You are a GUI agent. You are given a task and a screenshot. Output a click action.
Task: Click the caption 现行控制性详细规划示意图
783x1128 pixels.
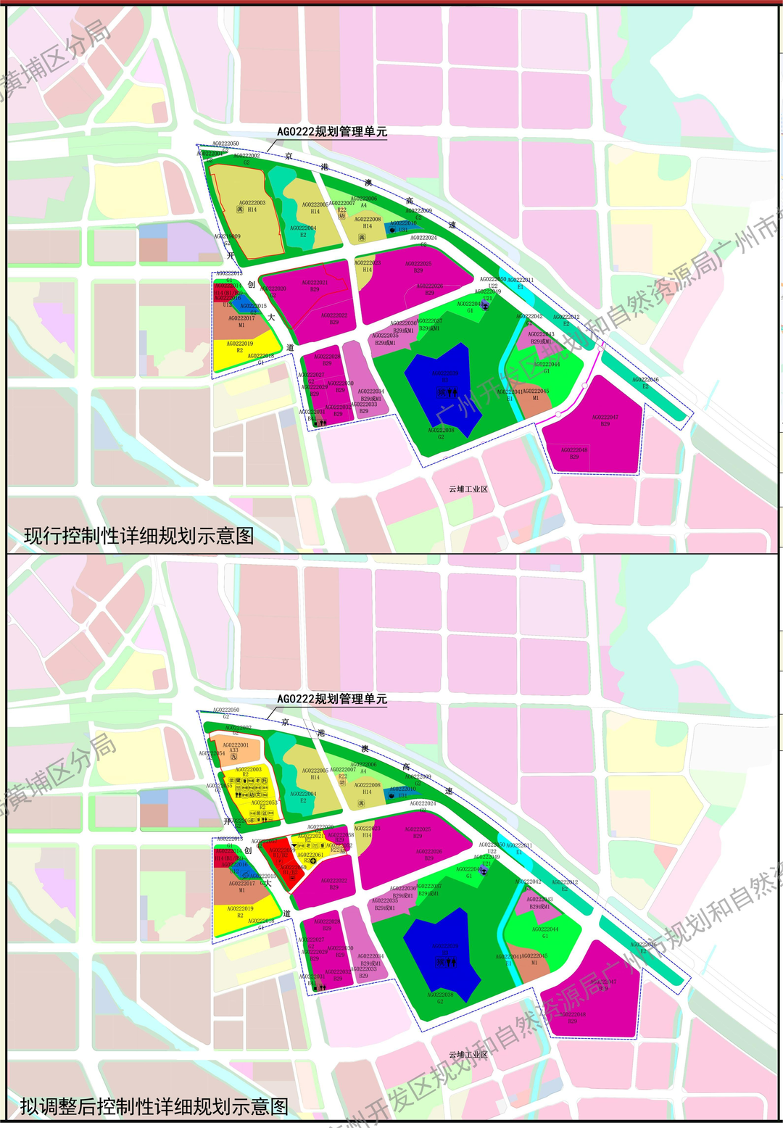click(139, 536)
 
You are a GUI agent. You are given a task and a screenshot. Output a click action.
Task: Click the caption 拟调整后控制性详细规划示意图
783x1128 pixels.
click(154, 1107)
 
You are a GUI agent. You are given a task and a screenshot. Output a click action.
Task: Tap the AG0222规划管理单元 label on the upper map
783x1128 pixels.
click(332, 132)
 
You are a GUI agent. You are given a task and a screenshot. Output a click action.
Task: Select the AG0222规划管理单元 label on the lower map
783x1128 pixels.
click(332, 700)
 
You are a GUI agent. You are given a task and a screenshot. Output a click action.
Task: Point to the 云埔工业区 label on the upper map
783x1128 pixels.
click(468, 489)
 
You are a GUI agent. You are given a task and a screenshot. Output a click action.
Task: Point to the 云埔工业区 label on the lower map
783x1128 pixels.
click(468, 1055)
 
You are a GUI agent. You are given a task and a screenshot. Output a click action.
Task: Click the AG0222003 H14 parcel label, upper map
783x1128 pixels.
click(252, 206)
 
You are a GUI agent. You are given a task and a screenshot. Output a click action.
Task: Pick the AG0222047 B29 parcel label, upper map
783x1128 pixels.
click(605, 420)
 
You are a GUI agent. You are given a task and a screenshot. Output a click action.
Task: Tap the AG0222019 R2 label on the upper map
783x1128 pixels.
click(240, 347)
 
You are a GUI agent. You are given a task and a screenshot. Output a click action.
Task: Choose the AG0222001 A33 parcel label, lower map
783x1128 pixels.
click(235, 748)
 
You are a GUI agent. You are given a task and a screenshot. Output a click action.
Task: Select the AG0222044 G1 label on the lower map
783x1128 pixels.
click(545, 932)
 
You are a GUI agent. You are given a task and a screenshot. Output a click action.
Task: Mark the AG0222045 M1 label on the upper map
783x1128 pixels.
click(536, 394)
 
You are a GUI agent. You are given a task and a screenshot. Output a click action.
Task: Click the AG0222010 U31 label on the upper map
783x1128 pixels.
click(403, 226)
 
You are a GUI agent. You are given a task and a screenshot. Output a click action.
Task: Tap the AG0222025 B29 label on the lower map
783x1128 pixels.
click(418, 832)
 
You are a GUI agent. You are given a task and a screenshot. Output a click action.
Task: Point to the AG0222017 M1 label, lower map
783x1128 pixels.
click(241, 887)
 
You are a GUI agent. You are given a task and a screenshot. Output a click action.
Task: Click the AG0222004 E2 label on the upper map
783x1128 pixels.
click(303, 231)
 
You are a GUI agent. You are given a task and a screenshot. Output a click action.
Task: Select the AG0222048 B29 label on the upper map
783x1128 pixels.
click(574, 453)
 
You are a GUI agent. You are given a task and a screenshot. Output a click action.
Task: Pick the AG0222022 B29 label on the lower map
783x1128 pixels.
click(334, 884)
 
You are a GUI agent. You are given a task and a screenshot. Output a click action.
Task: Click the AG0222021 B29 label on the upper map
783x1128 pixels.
click(315, 286)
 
